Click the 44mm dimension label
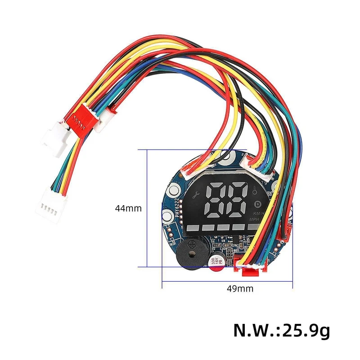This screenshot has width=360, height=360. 128,208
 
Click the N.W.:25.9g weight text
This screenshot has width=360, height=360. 282,331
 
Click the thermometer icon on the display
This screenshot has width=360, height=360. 255,190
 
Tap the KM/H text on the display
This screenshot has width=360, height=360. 258,214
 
